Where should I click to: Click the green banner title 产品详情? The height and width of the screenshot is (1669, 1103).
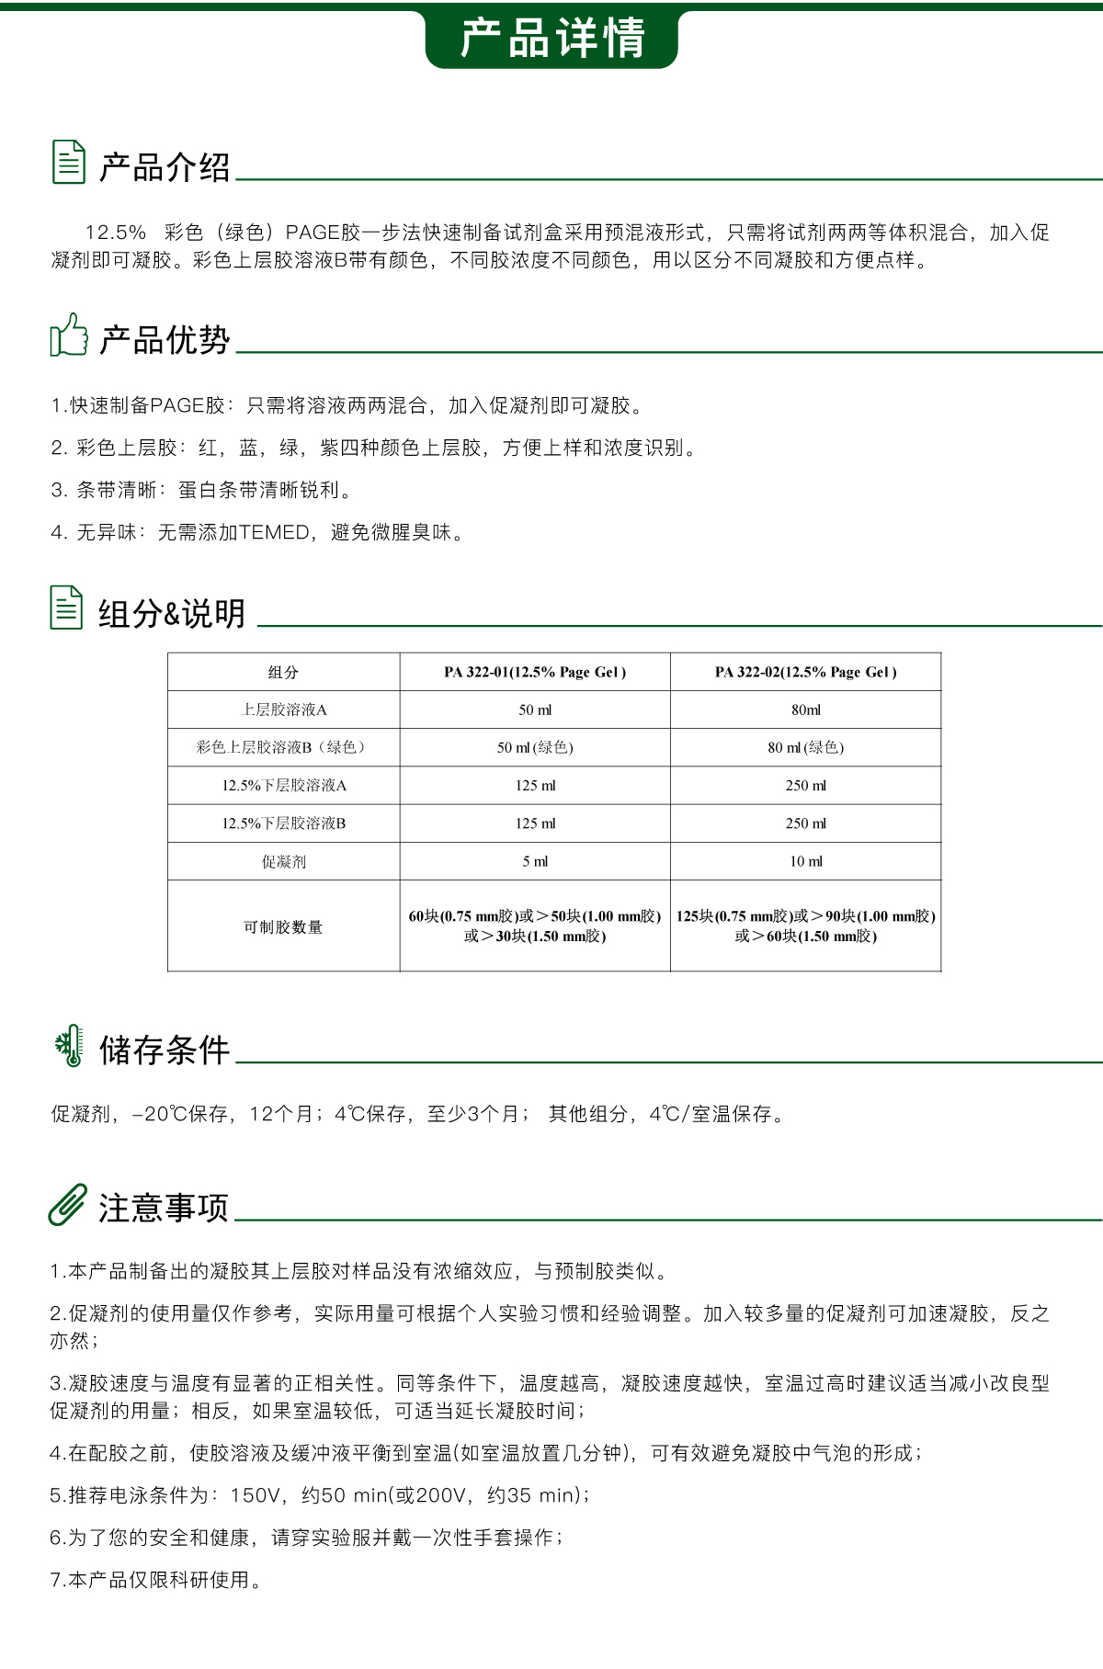tap(551, 39)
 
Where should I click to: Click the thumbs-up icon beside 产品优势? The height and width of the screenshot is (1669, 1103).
tap(69, 335)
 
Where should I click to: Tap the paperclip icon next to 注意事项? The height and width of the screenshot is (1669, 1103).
tap(68, 1204)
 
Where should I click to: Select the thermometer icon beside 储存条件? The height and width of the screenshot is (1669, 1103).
tap(69, 1046)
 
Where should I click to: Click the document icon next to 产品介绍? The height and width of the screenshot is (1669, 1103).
tap(69, 162)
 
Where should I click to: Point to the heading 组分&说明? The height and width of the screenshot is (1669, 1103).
tap(172, 613)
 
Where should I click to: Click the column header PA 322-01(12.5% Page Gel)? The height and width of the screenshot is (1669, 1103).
tap(535, 672)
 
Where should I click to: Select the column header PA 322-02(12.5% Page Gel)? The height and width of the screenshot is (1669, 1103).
tap(806, 672)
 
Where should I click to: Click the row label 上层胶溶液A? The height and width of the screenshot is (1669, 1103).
tap(283, 710)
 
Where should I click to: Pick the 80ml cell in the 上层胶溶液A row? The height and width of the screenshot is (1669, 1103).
tap(806, 710)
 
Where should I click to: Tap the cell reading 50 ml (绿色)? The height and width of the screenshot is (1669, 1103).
tap(535, 747)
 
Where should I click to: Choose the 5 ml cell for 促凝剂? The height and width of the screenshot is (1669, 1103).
tap(535, 861)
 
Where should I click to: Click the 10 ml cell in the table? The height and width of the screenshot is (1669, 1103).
tap(806, 861)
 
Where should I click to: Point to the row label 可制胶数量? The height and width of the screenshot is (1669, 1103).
tap(283, 926)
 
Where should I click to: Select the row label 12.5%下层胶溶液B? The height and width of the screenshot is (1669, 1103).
tap(283, 823)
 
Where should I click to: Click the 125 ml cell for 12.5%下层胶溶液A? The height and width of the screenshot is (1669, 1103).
tap(535, 785)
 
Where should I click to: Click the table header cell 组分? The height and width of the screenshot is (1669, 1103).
tap(283, 672)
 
